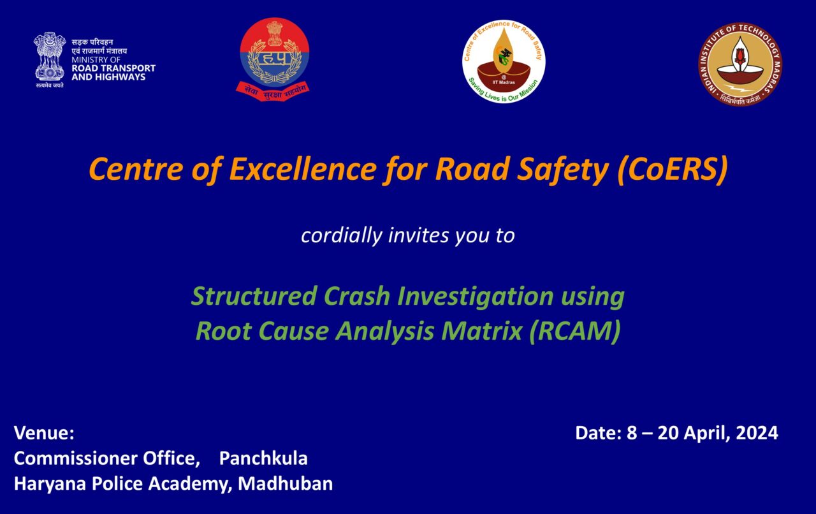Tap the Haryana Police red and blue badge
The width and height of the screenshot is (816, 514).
pyautogui.click(x=274, y=59)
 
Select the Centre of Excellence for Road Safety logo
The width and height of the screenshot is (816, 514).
pyautogui.click(x=504, y=61)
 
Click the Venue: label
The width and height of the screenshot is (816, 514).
pyautogui.click(x=44, y=434)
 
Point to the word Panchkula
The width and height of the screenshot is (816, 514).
pyautogui.click(x=263, y=459)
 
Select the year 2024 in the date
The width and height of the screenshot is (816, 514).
pyautogui.click(x=757, y=434)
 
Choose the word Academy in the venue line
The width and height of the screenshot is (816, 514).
pyautogui.click(x=189, y=483)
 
